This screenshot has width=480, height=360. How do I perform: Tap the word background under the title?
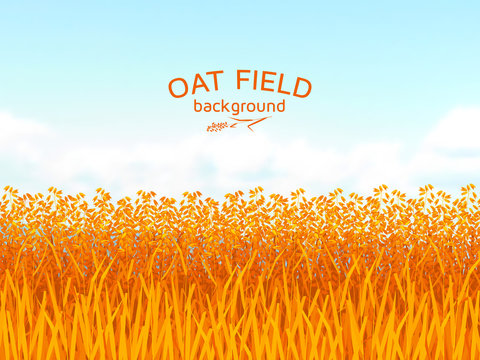pyautogui.click(x=239, y=107)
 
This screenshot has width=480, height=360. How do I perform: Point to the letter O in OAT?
pyautogui.click(x=179, y=88)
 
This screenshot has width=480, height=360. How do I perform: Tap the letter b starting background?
pyautogui.click(x=198, y=106)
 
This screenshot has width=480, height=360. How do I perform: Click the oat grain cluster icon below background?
pyautogui.click(x=216, y=127)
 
